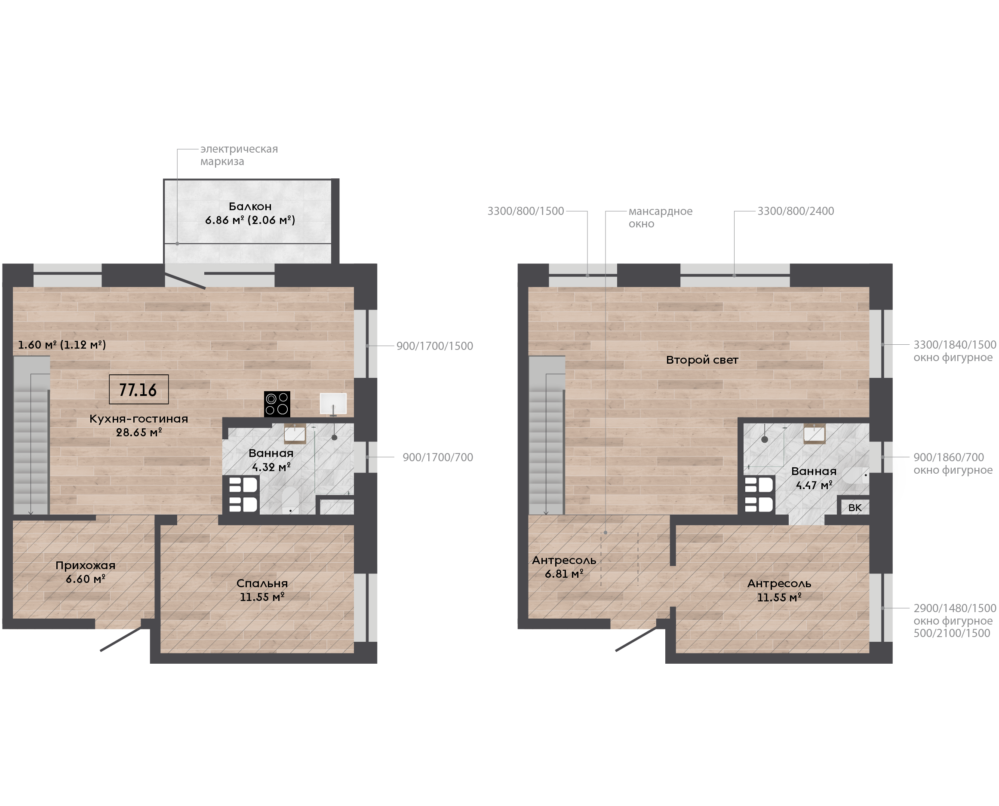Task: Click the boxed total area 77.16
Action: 138,389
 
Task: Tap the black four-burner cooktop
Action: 277,404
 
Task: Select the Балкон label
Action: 250,207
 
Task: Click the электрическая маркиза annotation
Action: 239,155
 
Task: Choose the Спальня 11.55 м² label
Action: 262,590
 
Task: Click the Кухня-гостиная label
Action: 138,419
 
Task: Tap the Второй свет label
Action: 702,360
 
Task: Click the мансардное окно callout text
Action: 660,217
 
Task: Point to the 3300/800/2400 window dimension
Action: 796,211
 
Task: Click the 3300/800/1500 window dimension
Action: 525,211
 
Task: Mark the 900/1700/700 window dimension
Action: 437,457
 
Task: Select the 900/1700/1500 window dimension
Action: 435,346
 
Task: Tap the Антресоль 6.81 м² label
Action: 564,567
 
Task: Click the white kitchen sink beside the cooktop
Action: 333,404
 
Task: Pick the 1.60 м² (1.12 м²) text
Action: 62,344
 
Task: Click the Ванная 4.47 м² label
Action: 814,478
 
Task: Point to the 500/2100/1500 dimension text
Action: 952,633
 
